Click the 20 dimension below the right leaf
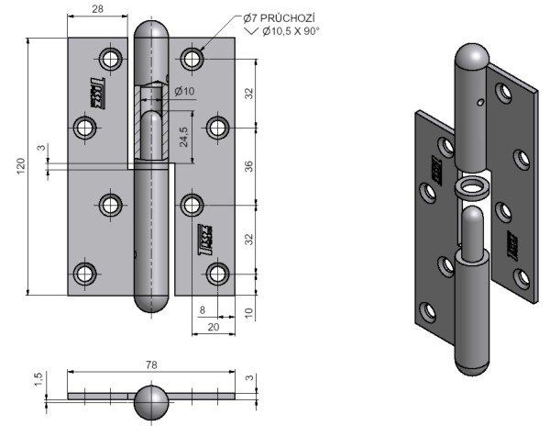[x=212, y=327]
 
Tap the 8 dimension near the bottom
[x=201, y=311]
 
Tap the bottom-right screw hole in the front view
[x=217, y=273]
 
